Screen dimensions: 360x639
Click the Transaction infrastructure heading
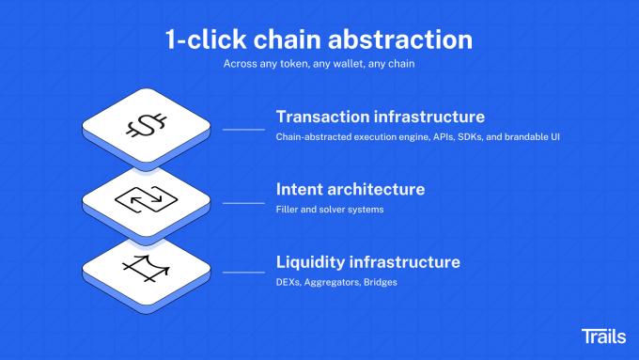(x=381, y=117)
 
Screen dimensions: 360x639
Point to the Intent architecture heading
(x=351, y=189)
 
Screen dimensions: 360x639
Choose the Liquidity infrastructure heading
(x=368, y=261)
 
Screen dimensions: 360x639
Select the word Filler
(x=288, y=210)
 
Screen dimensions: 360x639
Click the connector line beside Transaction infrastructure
(x=243, y=130)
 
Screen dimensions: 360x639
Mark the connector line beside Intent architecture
(x=243, y=201)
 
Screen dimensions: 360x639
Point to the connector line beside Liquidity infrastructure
(x=243, y=273)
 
